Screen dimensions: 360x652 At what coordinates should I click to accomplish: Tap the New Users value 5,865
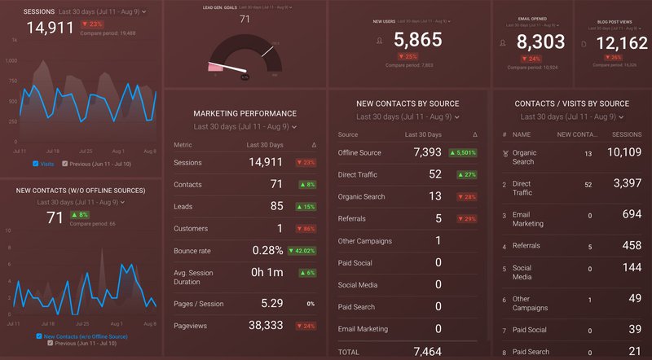[417, 40]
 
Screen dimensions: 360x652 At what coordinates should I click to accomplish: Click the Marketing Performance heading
[244, 113]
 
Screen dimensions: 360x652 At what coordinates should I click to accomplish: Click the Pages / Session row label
[198, 303]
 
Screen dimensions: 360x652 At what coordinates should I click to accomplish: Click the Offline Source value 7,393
[427, 152]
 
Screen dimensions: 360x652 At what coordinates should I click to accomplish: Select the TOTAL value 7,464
[427, 351]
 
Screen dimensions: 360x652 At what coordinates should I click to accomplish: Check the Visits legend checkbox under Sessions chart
[36, 164]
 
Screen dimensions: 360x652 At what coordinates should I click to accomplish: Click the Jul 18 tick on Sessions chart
[53, 151]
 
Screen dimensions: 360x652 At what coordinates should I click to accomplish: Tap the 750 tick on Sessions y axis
[11, 81]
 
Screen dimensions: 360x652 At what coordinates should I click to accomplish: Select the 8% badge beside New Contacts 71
[80, 215]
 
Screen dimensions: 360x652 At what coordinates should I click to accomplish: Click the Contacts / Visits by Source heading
[572, 103]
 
